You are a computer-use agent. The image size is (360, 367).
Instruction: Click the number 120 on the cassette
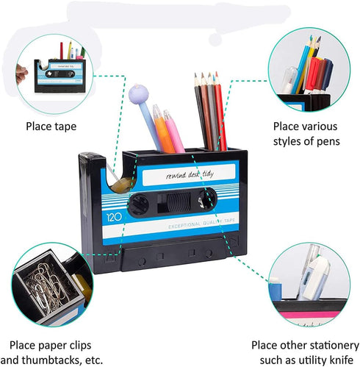pos(114,217)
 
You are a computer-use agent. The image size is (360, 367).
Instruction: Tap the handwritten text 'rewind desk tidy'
pos(190,174)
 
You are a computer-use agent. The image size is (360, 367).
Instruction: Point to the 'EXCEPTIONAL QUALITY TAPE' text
pos(201,224)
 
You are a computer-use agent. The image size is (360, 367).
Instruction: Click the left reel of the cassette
pos(139,204)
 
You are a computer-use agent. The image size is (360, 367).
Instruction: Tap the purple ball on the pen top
pos(138,93)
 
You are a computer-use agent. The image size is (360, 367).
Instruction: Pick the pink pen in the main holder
pos(174,131)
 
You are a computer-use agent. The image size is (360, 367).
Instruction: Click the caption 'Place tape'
pos(51,127)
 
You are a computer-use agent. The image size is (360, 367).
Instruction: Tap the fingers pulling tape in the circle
pos(21,73)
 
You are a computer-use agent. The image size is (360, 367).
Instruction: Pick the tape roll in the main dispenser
pos(123,185)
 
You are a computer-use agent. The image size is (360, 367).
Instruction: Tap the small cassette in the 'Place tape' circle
pos(60,76)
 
